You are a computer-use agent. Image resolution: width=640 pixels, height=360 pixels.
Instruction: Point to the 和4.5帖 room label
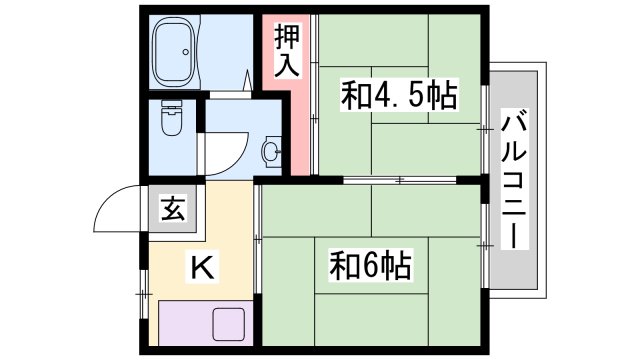[399, 97]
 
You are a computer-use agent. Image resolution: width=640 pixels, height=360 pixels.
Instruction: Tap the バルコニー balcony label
[516, 179]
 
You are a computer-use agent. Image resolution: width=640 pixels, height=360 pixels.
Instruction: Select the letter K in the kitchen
[198, 267]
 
